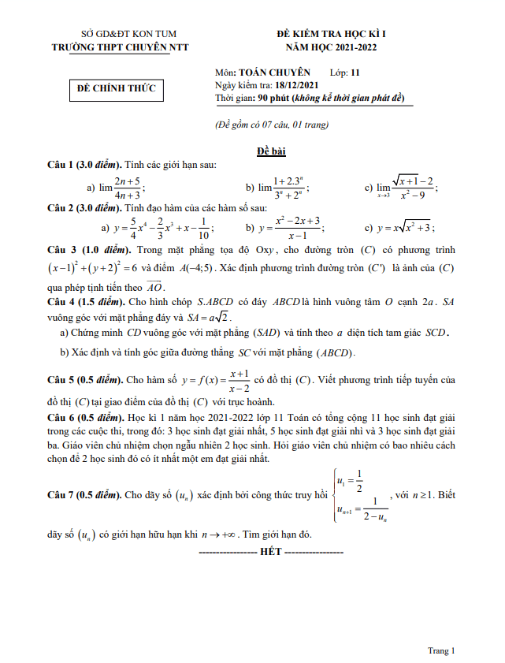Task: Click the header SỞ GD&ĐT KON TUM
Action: [x=129, y=34]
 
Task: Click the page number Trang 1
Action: [x=440, y=650]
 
